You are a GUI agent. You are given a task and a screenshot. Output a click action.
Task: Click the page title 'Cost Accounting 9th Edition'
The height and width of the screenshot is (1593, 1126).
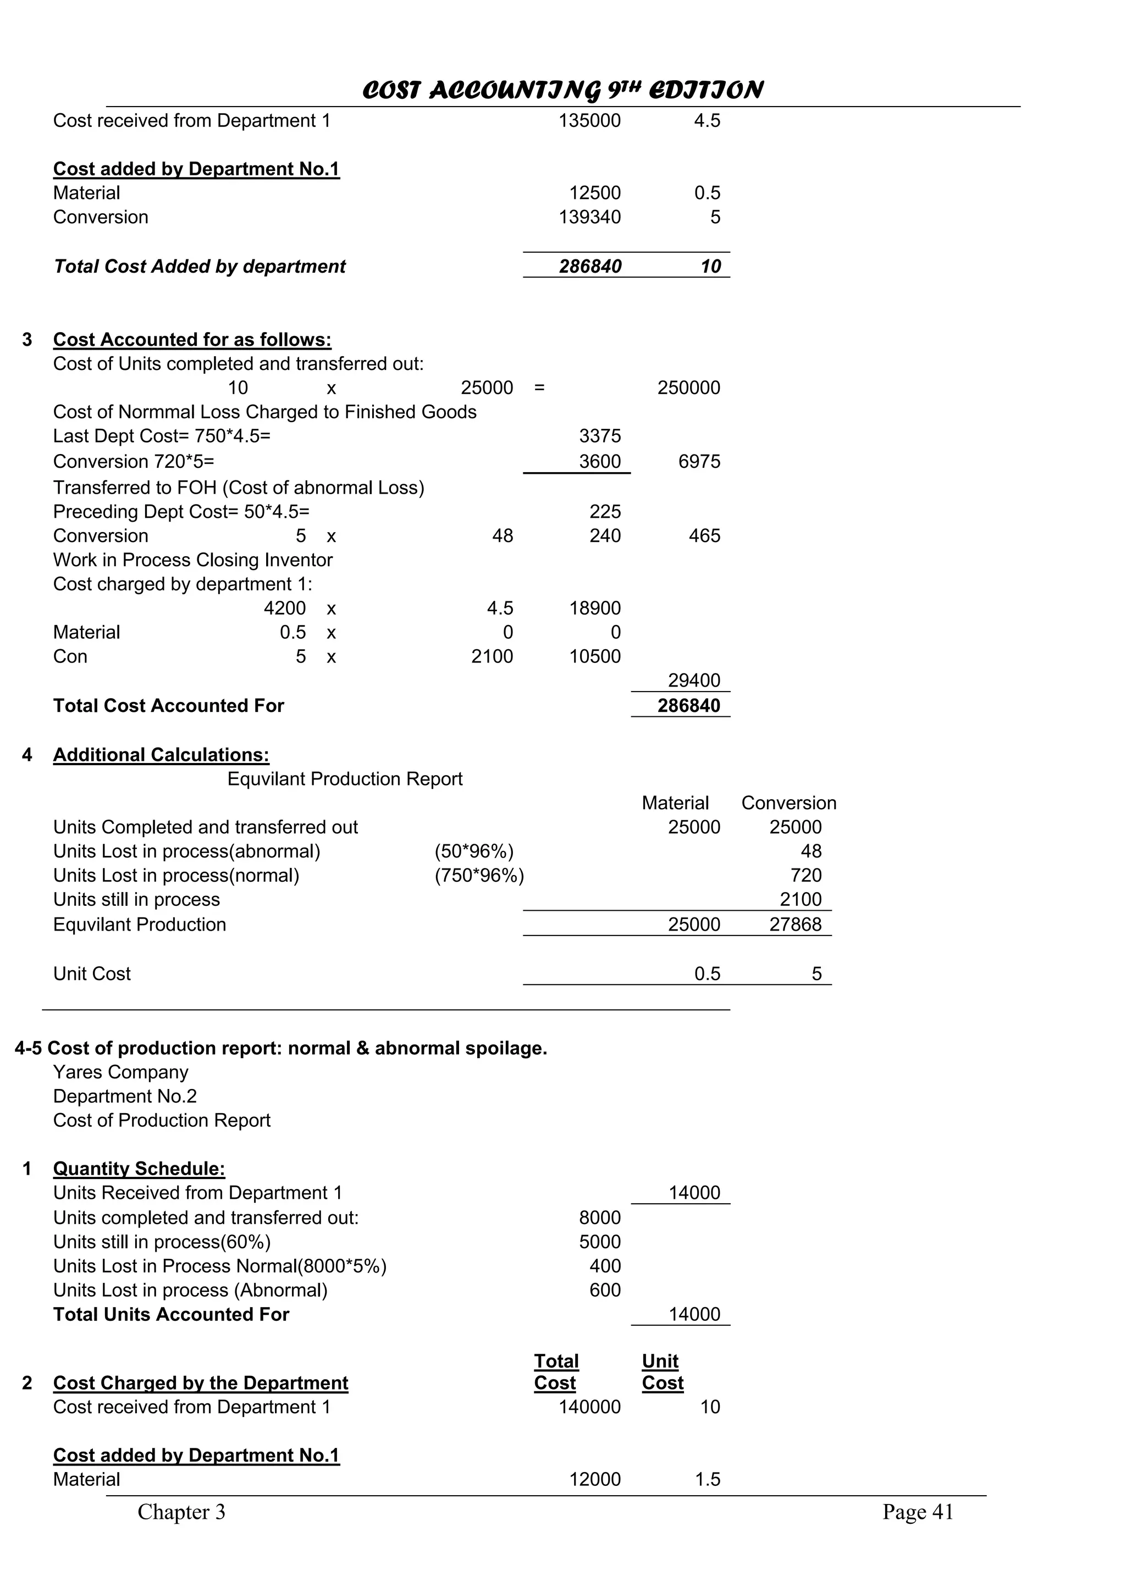coord(562,90)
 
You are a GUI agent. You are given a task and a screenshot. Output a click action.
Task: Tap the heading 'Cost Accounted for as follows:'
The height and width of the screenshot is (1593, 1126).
coord(192,339)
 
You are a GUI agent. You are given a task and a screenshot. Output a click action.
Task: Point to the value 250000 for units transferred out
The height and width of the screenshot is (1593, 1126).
coord(688,388)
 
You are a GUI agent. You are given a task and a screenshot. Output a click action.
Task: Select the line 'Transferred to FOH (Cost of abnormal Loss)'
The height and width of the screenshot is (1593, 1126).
coord(239,488)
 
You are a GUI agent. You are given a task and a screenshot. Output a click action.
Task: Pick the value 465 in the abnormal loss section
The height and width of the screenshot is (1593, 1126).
coord(704,535)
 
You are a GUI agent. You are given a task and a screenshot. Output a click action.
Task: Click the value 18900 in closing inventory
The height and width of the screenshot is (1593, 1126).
coord(594,609)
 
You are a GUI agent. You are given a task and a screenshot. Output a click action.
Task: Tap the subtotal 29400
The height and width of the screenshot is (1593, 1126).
coord(694,681)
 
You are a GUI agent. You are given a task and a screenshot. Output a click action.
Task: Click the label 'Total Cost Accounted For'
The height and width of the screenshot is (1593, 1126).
coord(169,706)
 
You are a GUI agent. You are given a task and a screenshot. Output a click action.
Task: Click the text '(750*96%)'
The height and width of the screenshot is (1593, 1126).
coord(479,876)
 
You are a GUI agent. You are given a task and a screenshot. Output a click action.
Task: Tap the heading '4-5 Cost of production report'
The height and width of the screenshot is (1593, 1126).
coord(281,1048)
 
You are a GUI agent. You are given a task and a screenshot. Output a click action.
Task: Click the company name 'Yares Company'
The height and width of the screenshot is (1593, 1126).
coord(121,1072)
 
